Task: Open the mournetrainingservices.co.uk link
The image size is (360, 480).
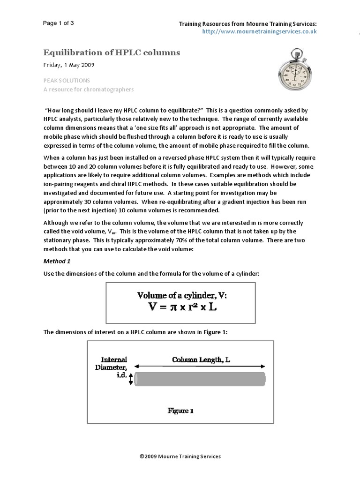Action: coord(259,31)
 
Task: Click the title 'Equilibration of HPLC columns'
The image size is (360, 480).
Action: coord(112,52)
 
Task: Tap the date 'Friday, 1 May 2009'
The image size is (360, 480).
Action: coord(71,65)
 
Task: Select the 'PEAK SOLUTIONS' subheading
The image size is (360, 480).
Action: coord(67,81)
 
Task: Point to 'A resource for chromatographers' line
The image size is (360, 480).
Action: coord(89,89)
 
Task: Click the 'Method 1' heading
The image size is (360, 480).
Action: coord(58,261)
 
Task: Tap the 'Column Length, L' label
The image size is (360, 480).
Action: coord(200,360)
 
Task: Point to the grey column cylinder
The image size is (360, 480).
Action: coord(200,379)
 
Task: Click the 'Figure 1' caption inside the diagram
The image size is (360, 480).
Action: coord(180,411)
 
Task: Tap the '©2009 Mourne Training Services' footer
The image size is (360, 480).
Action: coord(180,456)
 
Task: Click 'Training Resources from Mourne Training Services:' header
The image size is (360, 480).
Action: coord(249,24)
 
